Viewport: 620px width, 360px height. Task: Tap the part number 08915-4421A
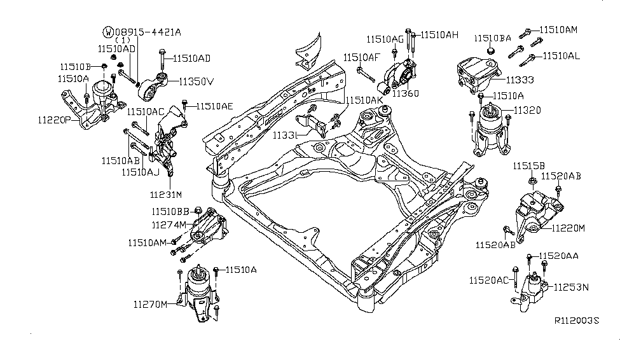147,31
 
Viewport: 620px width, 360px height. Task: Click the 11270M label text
150,304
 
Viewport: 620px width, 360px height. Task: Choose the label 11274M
169,225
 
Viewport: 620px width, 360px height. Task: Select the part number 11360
405,93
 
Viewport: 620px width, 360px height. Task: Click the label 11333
520,80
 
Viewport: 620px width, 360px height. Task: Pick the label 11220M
568,227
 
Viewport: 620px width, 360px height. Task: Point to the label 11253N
570,287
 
